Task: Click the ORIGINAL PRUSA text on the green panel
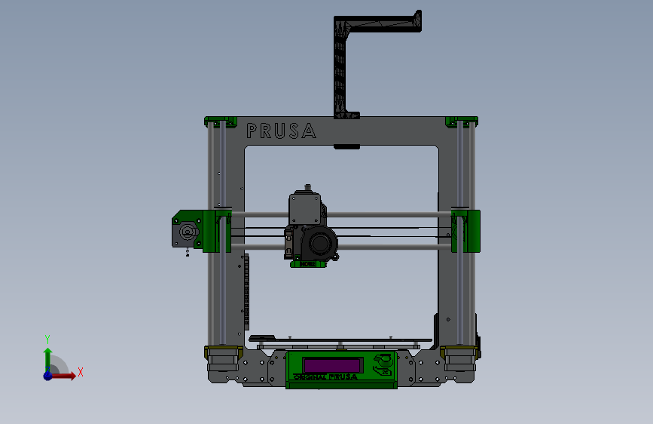[x=325, y=376]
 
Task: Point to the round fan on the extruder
[x=323, y=244]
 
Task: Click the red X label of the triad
[x=80, y=372]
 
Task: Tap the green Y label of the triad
[x=47, y=338]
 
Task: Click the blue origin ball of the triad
[x=47, y=375]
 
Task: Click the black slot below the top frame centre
[x=346, y=147]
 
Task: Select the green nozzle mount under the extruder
[x=307, y=264]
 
